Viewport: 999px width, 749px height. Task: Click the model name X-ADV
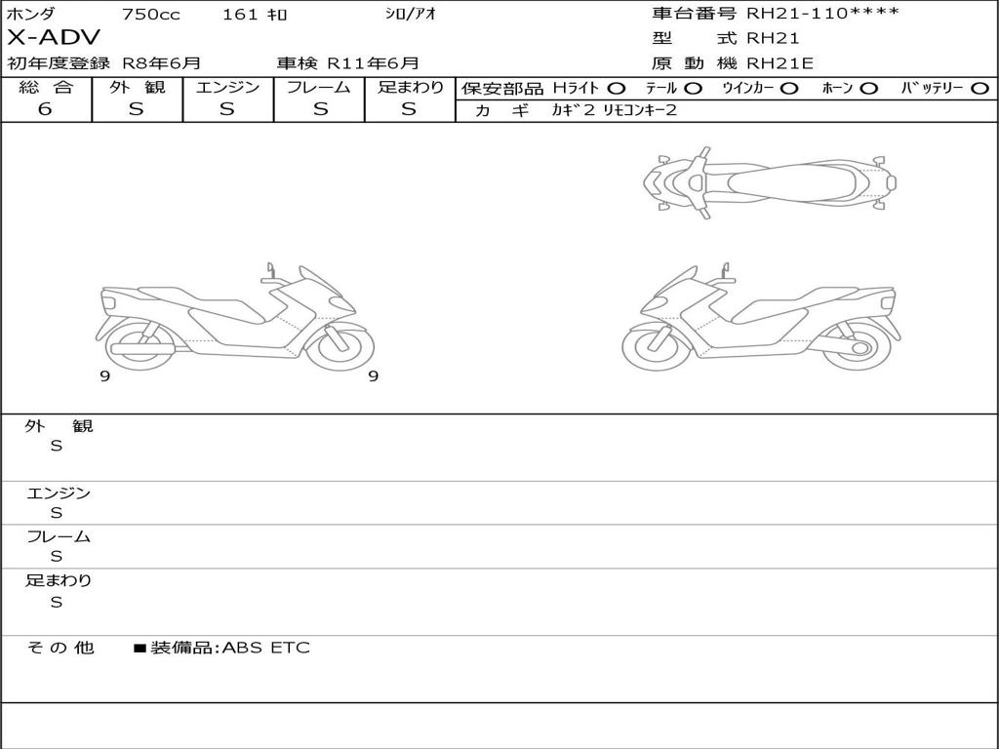click(54, 38)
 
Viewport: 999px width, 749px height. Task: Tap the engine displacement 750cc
click(151, 14)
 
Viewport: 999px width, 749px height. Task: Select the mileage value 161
click(240, 14)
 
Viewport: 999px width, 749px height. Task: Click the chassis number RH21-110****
click(822, 14)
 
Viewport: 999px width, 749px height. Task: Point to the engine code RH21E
click(779, 63)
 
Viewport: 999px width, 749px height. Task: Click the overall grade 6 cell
click(45, 109)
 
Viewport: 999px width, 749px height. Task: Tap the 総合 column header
click(46, 87)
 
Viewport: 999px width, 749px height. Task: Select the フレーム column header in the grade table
click(319, 87)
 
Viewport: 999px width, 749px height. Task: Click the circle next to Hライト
click(617, 89)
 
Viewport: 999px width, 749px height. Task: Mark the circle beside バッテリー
click(979, 89)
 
